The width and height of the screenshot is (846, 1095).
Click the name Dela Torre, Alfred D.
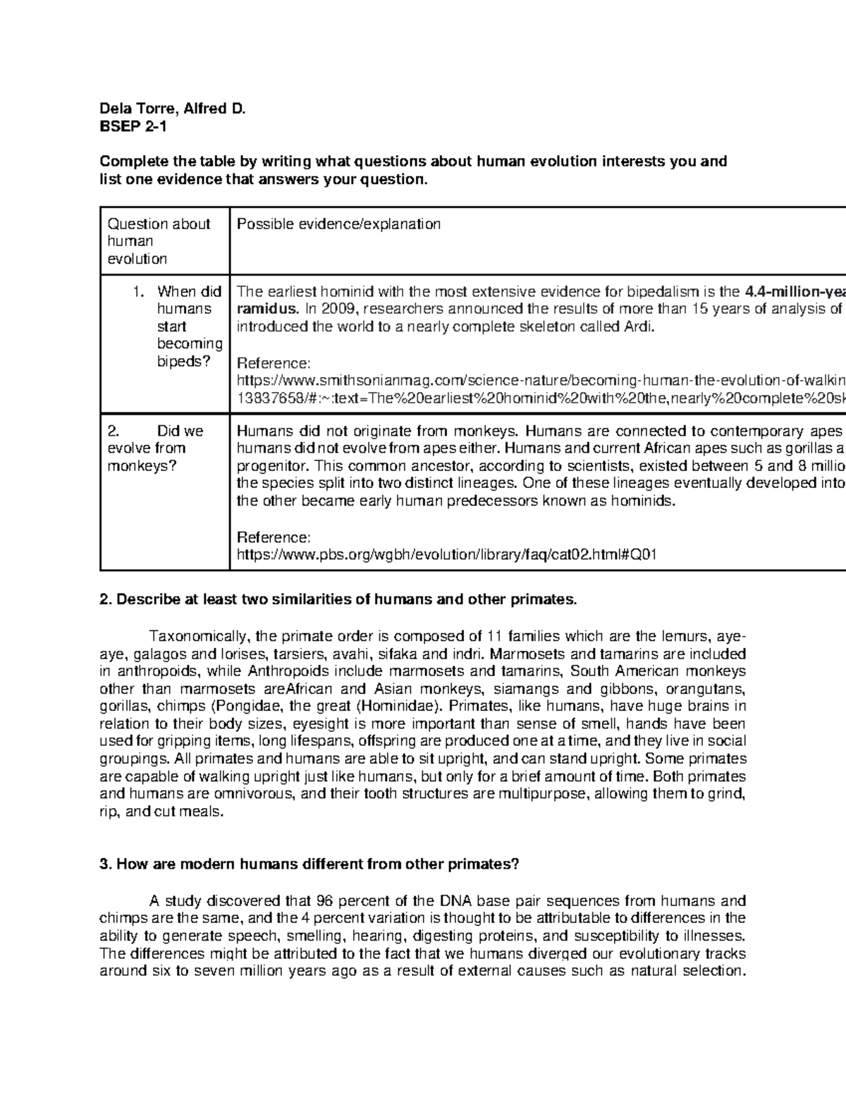tap(172, 109)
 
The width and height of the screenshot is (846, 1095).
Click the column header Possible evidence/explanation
tap(338, 224)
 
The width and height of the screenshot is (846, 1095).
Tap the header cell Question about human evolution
tap(159, 241)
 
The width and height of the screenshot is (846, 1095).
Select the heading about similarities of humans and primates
tap(338, 600)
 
